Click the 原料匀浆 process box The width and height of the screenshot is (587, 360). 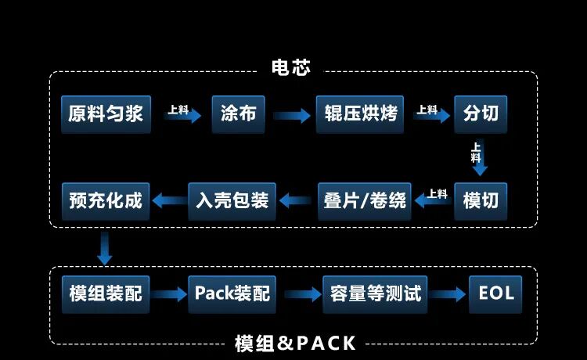106,114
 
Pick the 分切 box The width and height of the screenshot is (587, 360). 481,114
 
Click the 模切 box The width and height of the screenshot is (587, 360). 481,200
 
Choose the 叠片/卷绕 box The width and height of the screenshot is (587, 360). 366,200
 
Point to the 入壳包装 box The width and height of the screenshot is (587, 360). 232,200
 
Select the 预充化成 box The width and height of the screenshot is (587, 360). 106,200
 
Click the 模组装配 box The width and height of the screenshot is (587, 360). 106,293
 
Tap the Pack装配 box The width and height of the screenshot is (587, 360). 232,293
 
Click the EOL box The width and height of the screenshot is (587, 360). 496,293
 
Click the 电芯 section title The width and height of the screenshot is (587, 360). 291,68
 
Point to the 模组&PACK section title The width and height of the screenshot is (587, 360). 295,343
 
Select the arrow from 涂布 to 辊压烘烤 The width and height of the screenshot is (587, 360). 291,116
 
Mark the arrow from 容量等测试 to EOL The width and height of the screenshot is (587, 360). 448,295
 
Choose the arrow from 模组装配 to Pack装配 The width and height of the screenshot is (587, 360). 167,295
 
